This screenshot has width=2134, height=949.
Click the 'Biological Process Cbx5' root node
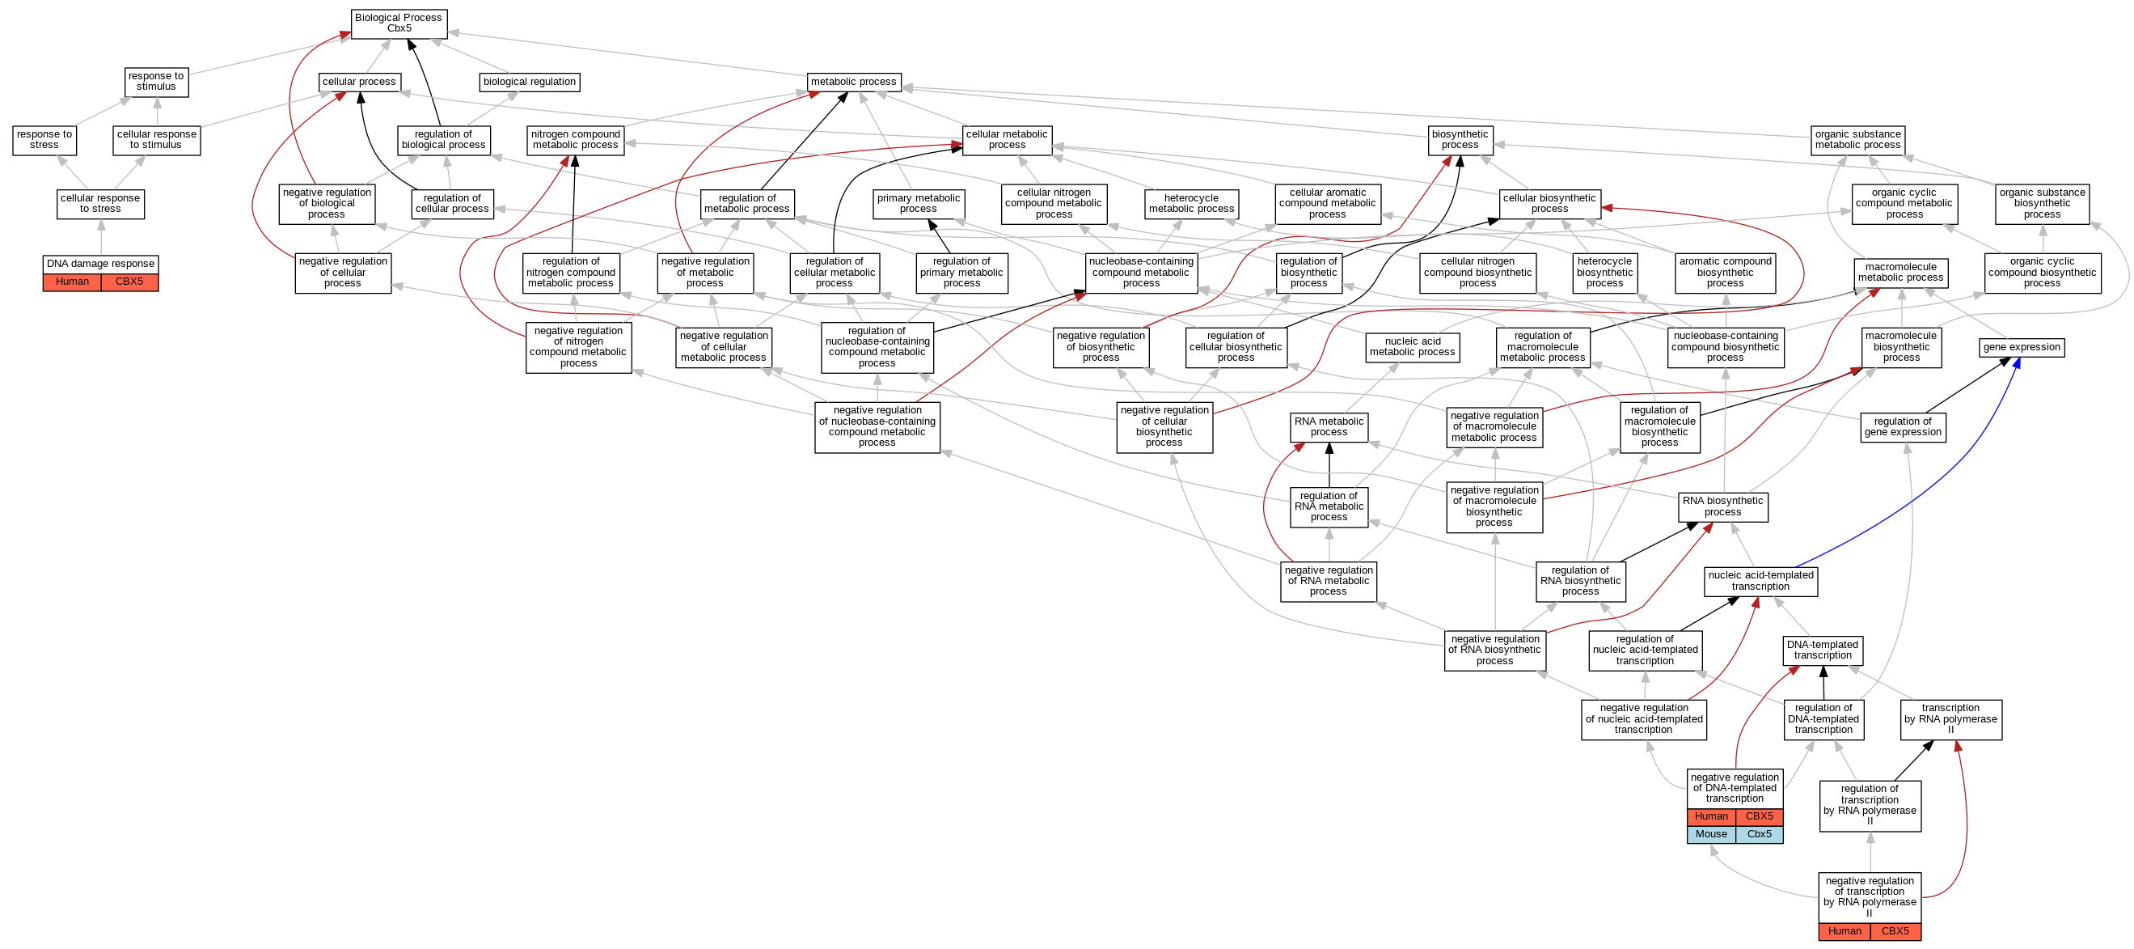pyautogui.click(x=399, y=23)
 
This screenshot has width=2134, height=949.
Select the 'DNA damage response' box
pyautogui.click(x=100, y=264)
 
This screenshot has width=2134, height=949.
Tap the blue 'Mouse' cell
pyautogui.click(x=1711, y=835)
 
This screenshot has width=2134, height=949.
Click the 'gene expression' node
pyautogui.click(x=2022, y=347)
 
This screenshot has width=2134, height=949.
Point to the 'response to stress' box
pyautogui.click(x=44, y=139)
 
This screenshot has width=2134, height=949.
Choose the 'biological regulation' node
pyautogui.click(x=530, y=82)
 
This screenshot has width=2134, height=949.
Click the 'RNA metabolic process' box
pyautogui.click(x=1329, y=427)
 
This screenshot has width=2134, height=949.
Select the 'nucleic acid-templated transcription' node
pyautogui.click(x=1760, y=581)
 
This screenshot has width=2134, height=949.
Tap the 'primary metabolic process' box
pyautogui.click(x=918, y=203)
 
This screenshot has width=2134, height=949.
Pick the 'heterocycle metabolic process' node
pyautogui.click(x=1191, y=203)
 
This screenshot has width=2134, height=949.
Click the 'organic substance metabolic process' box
pyautogui.click(x=1857, y=139)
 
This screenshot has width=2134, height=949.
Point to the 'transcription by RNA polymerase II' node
pyautogui.click(x=1950, y=719)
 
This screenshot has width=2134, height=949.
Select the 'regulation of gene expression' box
pyautogui.click(x=1902, y=427)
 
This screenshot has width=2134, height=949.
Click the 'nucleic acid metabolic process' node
pyautogui.click(x=1412, y=346)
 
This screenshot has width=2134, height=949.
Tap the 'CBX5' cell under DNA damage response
pyautogui.click(x=129, y=282)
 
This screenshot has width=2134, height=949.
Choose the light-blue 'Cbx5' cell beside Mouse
pyautogui.click(x=1759, y=835)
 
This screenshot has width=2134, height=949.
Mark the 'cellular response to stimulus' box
pyautogui.click(x=157, y=139)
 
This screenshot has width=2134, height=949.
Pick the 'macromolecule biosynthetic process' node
pyautogui.click(x=1901, y=346)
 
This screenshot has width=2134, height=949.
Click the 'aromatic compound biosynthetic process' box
pyautogui.click(x=1725, y=272)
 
